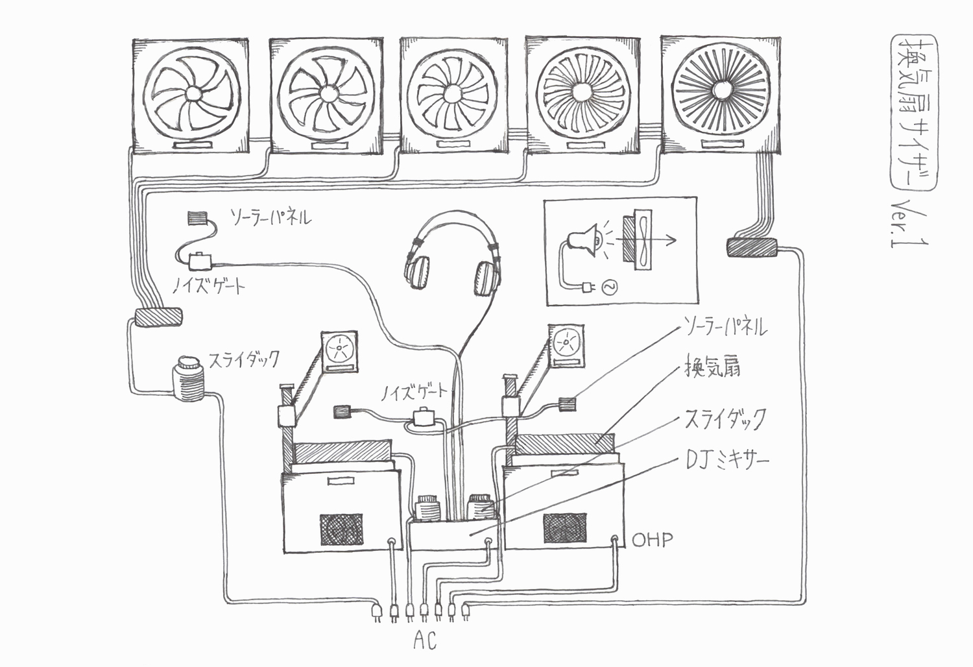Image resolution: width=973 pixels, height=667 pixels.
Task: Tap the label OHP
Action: [x=652, y=539]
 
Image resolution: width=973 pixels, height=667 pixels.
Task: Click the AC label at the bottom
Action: [x=425, y=641]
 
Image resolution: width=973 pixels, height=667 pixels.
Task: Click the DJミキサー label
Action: [x=726, y=461]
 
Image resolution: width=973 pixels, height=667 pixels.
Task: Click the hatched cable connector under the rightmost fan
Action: [x=751, y=247]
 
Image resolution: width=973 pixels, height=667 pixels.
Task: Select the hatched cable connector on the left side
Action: [x=158, y=318]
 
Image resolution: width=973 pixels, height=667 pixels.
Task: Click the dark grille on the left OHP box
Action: [x=341, y=529]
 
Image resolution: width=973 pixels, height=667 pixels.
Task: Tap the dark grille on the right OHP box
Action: [x=565, y=527]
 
